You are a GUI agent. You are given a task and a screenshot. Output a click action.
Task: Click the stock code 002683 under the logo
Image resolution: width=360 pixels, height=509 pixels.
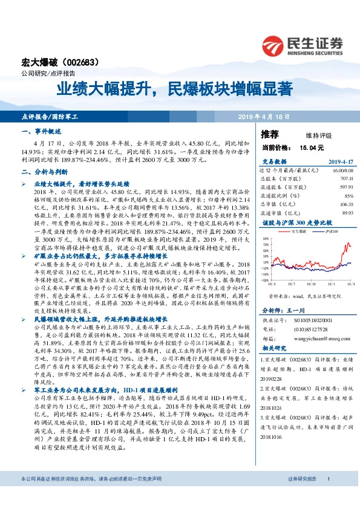pos(82,62)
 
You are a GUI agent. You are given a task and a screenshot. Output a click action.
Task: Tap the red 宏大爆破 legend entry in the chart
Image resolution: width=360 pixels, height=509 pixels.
pos(300,232)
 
